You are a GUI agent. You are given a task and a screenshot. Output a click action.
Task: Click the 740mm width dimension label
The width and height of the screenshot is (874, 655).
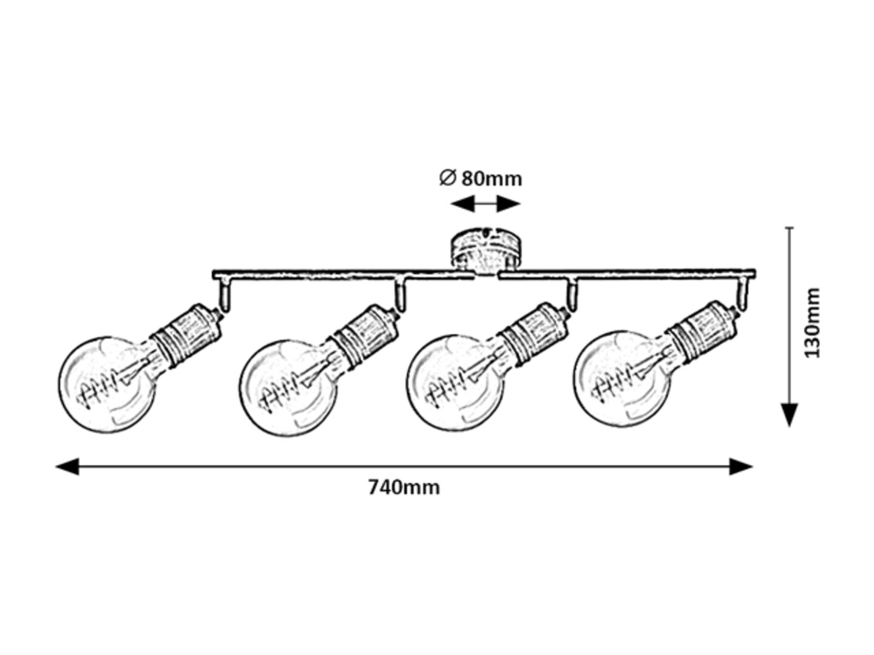(404, 487)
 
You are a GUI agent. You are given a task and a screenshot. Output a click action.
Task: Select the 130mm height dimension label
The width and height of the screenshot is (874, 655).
(812, 323)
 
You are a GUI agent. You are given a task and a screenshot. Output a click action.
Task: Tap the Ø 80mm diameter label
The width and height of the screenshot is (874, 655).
(481, 178)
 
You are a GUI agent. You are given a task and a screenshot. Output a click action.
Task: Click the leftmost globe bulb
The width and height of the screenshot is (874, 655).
(108, 385)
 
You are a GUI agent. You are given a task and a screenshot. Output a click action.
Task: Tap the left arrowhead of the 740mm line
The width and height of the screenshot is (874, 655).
(67, 466)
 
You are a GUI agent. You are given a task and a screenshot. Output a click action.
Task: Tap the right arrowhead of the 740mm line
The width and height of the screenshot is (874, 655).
(741, 466)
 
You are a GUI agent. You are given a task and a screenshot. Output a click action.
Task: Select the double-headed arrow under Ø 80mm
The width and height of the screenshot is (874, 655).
(486, 204)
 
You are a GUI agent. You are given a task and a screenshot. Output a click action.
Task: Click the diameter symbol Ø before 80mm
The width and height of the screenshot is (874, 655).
(447, 178)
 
